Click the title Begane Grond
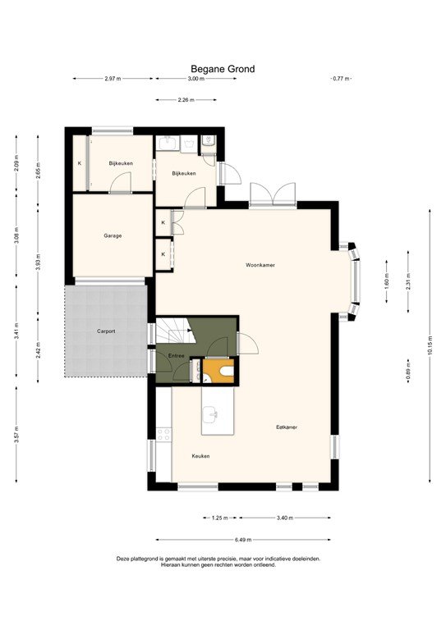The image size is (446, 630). click(223, 70)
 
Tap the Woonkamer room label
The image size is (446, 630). click(260, 265)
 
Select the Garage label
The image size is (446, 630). click(113, 235)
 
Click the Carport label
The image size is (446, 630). click(105, 331)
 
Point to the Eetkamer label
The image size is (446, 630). click(286, 427)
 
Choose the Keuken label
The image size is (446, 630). click(200, 456)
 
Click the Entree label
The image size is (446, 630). click(176, 356)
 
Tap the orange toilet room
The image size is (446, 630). click(219, 372)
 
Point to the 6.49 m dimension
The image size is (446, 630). click(242, 540)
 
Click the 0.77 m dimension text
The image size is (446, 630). click(340, 79)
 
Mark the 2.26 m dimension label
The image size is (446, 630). click(186, 100)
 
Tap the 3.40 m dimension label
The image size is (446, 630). click(286, 518)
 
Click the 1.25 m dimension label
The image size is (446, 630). click(219, 518)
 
